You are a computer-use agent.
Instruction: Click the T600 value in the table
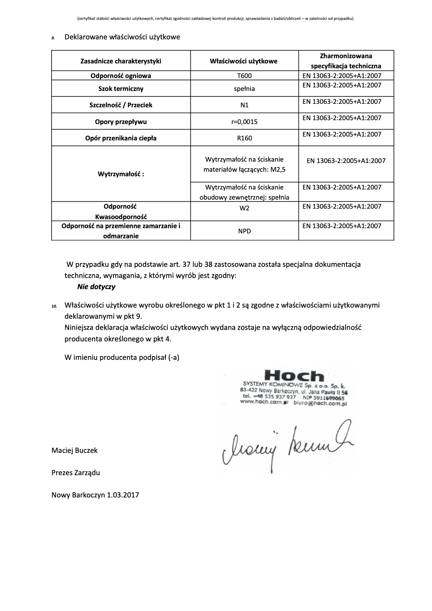tap(244, 76)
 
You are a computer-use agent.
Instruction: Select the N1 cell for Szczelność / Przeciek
tap(244, 105)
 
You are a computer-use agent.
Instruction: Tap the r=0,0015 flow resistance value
tap(244, 122)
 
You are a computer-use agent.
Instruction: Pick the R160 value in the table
tap(244, 138)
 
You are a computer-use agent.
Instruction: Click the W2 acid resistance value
tap(244, 208)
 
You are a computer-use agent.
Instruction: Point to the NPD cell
tap(244, 231)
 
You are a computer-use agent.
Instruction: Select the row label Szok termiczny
tap(121, 88)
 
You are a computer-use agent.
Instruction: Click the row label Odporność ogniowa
tap(121, 76)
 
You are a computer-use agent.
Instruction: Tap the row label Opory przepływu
tap(121, 122)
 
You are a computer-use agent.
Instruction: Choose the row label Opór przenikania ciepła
tap(121, 138)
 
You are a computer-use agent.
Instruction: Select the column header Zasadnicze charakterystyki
tap(121, 61)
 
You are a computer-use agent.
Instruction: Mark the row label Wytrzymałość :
tap(121, 174)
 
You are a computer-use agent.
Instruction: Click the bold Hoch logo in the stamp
tap(294, 376)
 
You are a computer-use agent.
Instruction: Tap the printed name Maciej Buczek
tap(75, 450)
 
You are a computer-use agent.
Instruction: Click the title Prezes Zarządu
tap(76, 472)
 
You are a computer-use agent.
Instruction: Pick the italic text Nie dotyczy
tap(96, 287)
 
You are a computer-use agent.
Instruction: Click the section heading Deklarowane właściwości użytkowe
tap(122, 37)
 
